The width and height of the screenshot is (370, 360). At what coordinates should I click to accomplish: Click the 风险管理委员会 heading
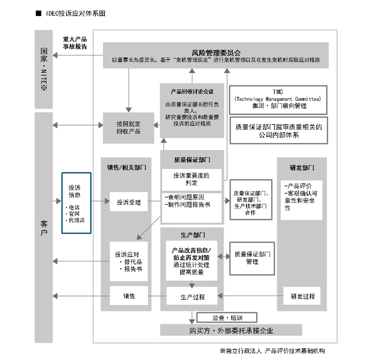[x=215, y=52]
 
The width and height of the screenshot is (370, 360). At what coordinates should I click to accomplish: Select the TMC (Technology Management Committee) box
[x=278, y=99]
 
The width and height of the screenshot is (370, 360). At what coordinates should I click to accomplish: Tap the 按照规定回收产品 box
[x=128, y=128]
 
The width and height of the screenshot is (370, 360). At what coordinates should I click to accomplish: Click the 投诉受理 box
[x=128, y=202]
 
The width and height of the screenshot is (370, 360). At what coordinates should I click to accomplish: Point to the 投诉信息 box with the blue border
[x=76, y=203]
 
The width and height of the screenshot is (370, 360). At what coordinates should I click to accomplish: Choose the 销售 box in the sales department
[x=128, y=296]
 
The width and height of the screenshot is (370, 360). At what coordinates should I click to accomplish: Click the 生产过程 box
[x=192, y=297]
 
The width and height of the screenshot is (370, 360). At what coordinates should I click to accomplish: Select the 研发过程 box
[x=302, y=296]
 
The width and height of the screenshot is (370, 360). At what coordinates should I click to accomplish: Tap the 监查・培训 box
[x=227, y=317]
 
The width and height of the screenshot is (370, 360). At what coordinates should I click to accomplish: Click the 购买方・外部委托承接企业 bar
[x=231, y=330]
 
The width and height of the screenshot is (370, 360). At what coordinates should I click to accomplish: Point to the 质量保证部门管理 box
[x=252, y=258]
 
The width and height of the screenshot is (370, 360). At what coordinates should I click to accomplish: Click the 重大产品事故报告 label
[x=75, y=43]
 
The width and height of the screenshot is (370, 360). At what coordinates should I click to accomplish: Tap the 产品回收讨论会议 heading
[x=192, y=92]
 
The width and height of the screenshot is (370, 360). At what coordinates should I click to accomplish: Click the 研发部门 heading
[x=302, y=167]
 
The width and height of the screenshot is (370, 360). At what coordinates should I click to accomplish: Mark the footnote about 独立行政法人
[x=272, y=351]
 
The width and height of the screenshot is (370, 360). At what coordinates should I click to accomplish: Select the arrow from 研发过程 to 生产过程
[x=251, y=296]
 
